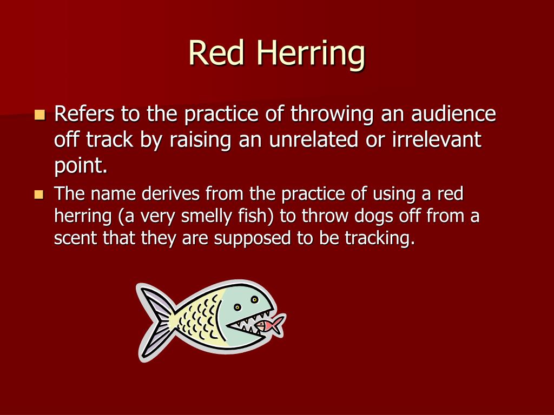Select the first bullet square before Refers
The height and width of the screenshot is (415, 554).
39,115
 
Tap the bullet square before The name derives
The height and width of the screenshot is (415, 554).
38,194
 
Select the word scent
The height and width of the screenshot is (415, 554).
73,239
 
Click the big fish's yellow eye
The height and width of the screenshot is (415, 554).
237,307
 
